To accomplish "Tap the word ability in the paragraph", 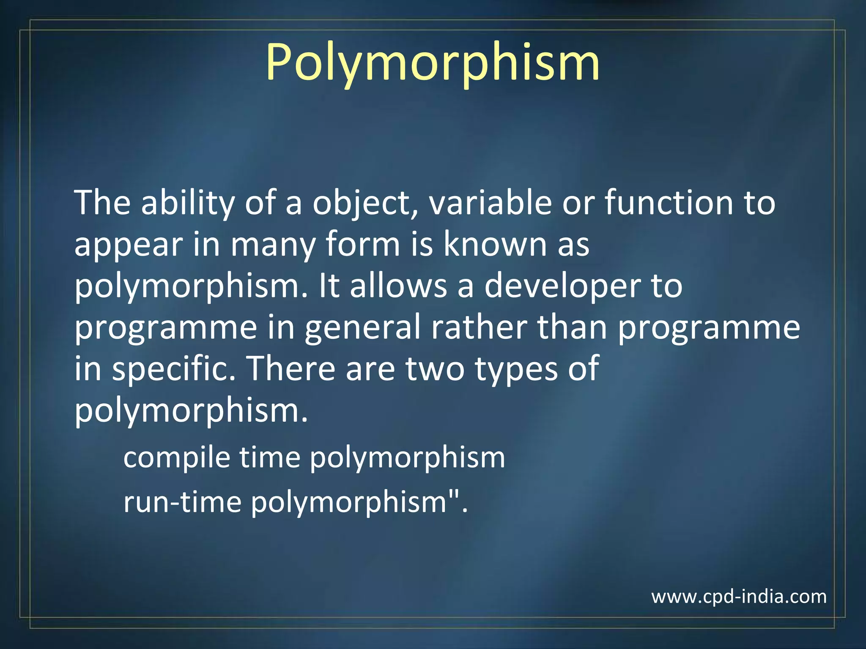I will tap(187, 203).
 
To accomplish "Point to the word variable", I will tap(490, 203).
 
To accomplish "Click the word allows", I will tap(398, 286).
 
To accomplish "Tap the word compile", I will tap(176, 458).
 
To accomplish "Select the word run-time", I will tap(182, 502).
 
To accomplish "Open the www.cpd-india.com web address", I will tap(739, 597).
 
